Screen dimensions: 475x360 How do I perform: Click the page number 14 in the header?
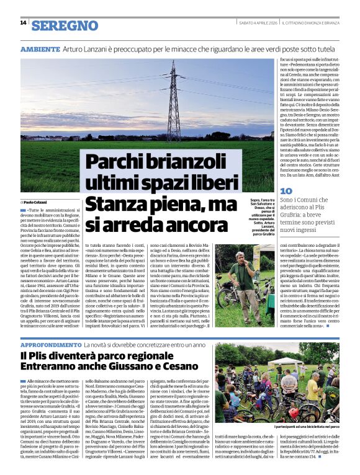click(x=23, y=23)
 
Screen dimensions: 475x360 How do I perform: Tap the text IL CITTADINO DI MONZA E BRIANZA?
click(x=316, y=23)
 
